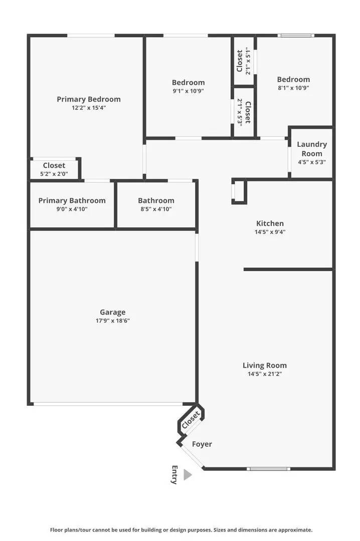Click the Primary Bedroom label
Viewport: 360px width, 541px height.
pyautogui.click(x=88, y=99)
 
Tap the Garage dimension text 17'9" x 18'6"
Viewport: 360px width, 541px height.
pyautogui.click(x=112, y=321)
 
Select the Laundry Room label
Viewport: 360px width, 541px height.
pyautogui.click(x=311, y=149)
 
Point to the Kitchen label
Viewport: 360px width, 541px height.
pyautogui.click(x=270, y=223)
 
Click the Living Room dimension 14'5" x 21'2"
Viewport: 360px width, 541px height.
pyautogui.click(x=265, y=374)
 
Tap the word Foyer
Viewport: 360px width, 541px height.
pyautogui.click(x=202, y=444)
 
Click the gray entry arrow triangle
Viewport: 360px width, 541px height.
pyautogui.click(x=187, y=474)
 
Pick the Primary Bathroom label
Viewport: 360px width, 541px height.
pyautogui.click(x=72, y=200)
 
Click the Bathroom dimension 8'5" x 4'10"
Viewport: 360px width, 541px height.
pyautogui.click(x=156, y=209)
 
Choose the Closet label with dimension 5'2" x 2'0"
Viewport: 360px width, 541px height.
pyautogui.click(x=54, y=165)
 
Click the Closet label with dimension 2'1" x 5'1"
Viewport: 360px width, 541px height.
pyautogui.click(x=240, y=61)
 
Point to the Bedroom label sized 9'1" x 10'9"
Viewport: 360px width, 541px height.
pyautogui.click(x=188, y=83)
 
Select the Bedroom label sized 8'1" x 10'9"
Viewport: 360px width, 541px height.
pyautogui.click(x=293, y=79)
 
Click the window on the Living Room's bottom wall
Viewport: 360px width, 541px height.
pyautogui.click(x=268, y=469)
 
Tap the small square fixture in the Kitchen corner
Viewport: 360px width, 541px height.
pyautogui.click(x=239, y=191)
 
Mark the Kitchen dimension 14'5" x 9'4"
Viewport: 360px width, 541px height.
pyautogui.click(x=270, y=232)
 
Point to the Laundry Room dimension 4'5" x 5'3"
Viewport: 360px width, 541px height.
pyautogui.click(x=311, y=162)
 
